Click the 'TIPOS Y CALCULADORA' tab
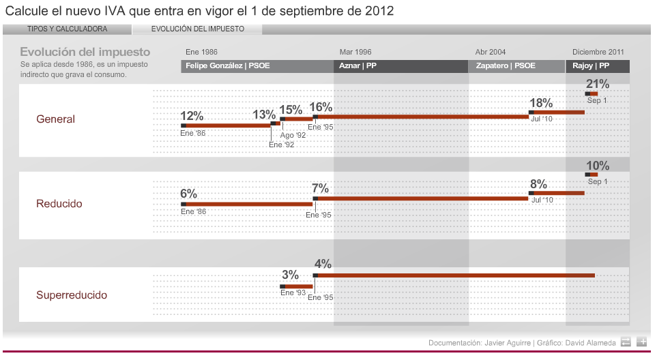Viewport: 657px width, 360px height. click(x=67, y=29)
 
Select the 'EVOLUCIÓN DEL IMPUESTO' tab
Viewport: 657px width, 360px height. click(x=197, y=29)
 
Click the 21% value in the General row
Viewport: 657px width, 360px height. click(x=598, y=84)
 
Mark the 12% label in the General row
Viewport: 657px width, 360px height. click(x=192, y=116)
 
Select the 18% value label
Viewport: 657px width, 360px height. click(x=541, y=103)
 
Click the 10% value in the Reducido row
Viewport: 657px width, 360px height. click(x=598, y=166)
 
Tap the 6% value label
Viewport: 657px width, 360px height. click(x=188, y=194)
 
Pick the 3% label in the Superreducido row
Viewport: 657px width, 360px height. click(x=290, y=275)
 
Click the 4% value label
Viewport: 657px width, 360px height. click(x=323, y=264)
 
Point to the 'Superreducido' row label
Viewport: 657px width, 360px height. click(x=72, y=295)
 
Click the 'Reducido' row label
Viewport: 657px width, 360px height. click(x=59, y=204)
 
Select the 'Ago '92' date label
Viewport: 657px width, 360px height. click(x=293, y=135)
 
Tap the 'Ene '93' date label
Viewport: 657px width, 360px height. click(x=293, y=292)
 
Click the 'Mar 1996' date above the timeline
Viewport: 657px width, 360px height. click(x=355, y=52)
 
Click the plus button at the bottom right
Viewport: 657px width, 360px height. click(x=641, y=342)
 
